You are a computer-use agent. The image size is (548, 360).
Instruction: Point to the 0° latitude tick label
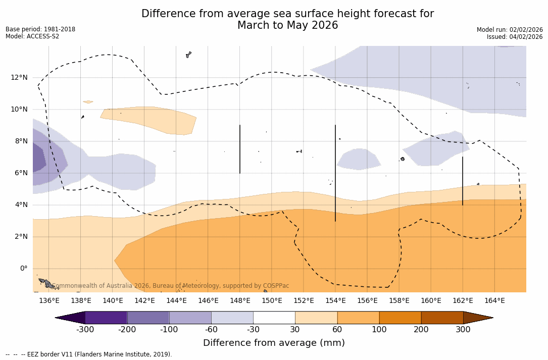[x=24, y=269]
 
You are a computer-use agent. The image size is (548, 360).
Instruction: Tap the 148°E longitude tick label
[x=240, y=301]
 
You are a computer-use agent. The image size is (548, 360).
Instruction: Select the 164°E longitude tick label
[x=494, y=301]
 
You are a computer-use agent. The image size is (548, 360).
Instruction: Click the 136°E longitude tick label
[x=49, y=301]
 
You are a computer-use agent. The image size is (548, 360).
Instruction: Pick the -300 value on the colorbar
[x=85, y=330]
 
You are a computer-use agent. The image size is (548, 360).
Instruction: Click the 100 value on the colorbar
[x=379, y=330]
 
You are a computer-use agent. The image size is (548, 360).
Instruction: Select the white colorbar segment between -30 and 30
[x=274, y=318]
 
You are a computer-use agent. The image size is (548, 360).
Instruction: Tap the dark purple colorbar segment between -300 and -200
[x=106, y=318]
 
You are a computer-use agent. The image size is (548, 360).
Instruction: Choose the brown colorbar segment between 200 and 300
[x=442, y=318]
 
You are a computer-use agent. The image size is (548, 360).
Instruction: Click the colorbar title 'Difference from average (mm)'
[x=274, y=343]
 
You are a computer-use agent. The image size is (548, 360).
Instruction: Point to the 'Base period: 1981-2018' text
[x=40, y=29]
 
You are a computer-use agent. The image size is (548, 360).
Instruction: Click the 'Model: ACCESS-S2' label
[x=32, y=36]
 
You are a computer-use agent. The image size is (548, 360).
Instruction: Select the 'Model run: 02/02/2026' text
[x=510, y=30]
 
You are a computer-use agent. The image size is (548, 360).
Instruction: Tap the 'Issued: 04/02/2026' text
[x=515, y=37]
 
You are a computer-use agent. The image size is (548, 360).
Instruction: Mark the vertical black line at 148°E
[x=240, y=149]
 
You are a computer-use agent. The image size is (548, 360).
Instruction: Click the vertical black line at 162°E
[x=463, y=181]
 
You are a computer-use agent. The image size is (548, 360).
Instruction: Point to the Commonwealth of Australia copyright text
[x=171, y=286]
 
